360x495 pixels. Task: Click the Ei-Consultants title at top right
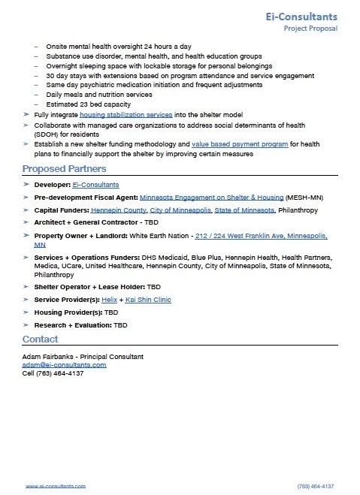[305, 16]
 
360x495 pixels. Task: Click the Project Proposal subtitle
[310, 29]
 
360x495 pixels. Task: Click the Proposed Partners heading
[64, 168]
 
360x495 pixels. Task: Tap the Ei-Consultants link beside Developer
[95, 184]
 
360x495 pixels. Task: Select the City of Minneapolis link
[181, 210]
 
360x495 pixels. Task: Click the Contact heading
[40, 340]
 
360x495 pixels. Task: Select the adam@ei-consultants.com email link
[64, 364]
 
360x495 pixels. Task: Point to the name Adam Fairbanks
[49, 356]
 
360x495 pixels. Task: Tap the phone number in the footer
[316, 486]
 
